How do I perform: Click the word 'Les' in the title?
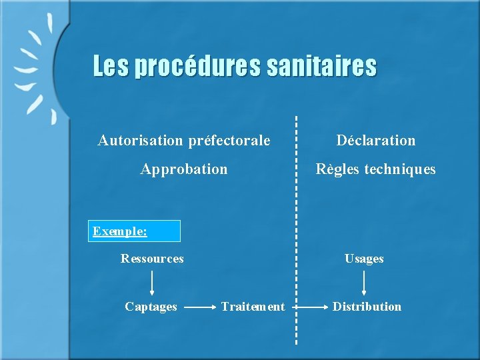[111, 67]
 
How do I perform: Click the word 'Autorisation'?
[139, 141]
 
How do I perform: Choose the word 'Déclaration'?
[375, 141]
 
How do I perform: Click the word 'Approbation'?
[183, 169]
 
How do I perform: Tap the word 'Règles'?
[338, 169]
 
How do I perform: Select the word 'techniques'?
[400, 169]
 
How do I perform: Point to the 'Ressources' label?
[152, 259]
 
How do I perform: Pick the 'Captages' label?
[151, 307]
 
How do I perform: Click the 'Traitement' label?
[253, 307]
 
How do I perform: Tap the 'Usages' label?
[364, 259]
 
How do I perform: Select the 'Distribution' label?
[367, 307]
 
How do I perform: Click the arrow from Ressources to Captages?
[152, 283]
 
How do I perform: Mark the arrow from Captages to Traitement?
[199, 307]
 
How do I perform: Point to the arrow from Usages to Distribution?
[364, 283]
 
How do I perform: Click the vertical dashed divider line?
[296, 200]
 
